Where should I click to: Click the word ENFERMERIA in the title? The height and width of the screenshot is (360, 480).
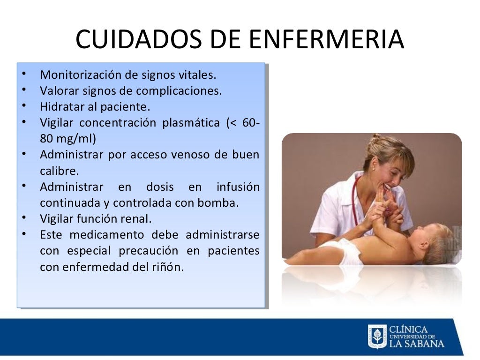click(x=326, y=39)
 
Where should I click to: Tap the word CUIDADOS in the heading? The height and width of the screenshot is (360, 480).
click(x=138, y=39)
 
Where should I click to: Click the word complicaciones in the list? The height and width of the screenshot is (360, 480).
click(x=179, y=91)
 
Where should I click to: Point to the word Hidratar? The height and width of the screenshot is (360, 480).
click(x=62, y=106)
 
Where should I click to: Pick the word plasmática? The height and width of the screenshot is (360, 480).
click(x=191, y=123)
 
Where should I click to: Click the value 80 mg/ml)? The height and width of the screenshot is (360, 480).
click(x=68, y=139)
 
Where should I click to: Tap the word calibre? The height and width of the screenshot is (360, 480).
click(x=60, y=171)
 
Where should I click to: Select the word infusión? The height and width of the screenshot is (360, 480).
click(x=238, y=187)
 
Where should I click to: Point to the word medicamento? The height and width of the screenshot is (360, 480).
click(x=107, y=235)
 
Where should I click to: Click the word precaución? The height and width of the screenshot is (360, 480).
click(x=149, y=251)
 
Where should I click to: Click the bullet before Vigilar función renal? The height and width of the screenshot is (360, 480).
click(x=24, y=218)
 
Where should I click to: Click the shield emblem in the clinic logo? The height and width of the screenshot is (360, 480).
click(x=377, y=337)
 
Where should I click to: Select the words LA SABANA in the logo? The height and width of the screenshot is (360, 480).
click(x=417, y=344)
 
